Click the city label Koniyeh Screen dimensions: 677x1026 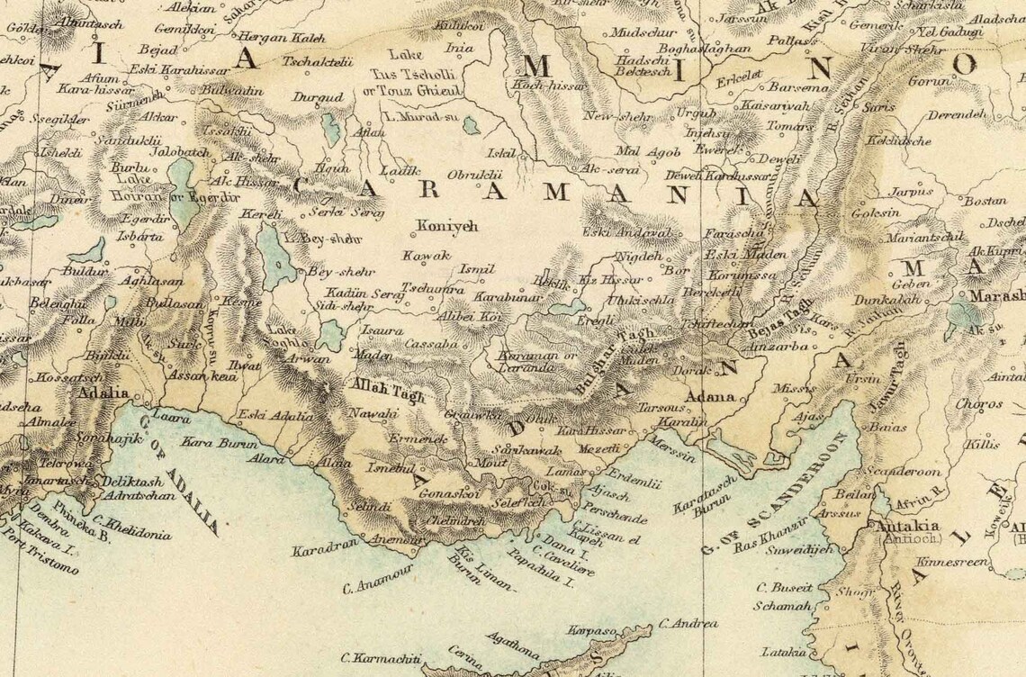[445, 227]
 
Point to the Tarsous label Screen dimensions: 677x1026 [662, 408]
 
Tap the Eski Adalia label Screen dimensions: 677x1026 [275, 416]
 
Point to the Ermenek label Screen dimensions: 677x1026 [418, 438]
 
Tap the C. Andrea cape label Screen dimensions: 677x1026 [688, 623]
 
